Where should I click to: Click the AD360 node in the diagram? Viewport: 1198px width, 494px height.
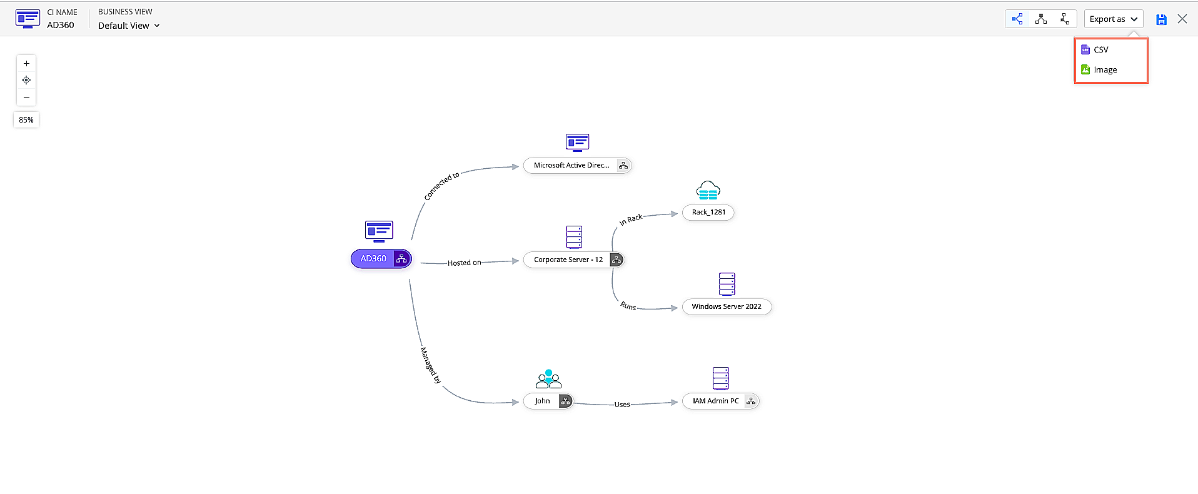click(x=373, y=259)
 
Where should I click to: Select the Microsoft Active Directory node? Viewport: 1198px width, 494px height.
click(x=571, y=166)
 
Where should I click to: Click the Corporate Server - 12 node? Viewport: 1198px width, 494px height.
click(x=568, y=260)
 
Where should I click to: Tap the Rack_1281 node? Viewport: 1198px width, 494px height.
click(x=708, y=213)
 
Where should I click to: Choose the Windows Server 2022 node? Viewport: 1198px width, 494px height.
click(x=727, y=307)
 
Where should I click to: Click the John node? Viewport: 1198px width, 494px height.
click(x=542, y=401)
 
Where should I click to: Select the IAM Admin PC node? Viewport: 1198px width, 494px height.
click(x=715, y=401)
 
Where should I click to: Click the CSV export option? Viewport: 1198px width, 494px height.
click(x=1100, y=50)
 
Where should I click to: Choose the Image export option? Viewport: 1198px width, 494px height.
click(x=1105, y=70)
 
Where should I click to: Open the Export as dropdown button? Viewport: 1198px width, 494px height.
click(x=1113, y=19)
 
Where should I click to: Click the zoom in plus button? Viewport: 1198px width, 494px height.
click(x=26, y=64)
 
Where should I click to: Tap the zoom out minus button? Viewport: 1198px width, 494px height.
click(x=26, y=98)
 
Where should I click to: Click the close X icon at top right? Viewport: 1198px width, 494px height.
click(x=1182, y=19)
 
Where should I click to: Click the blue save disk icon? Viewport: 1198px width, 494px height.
click(x=1161, y=20)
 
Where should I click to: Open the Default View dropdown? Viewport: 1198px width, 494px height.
click(x=129, y=26)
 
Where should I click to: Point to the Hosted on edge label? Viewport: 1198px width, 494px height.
click(x=464, y=263)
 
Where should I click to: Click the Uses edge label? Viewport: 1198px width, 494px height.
click(x=622, y=405)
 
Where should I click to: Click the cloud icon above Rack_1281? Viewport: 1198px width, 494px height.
click(x=708, y=191)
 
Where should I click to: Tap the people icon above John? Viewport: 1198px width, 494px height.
click(x=548, y=380)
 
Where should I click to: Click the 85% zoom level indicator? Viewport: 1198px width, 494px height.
click(x=26, y=120)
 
